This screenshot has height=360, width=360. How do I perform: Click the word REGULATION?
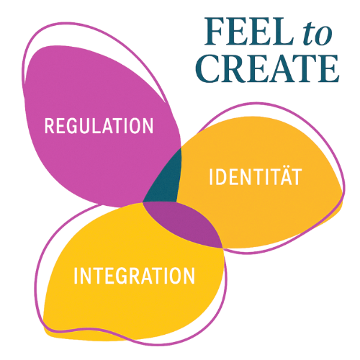tap(99, 125)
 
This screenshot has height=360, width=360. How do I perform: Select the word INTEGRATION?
tap(134, 276)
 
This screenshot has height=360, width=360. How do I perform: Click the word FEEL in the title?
tap(249, 32)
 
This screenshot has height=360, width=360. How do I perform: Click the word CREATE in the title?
tap(267, 68)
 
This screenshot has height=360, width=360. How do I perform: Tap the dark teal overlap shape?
tap(163, 179)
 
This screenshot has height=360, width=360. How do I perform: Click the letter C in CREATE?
tap(208, 68)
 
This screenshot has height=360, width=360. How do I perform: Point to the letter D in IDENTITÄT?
tap(222, 177)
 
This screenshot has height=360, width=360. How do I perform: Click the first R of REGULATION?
tap(50, 125)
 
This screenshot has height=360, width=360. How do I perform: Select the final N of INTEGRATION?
tap(189, 276)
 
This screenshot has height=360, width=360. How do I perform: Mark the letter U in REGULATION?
tap(85, 125)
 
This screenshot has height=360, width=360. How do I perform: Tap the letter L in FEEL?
tap(282, 32)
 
